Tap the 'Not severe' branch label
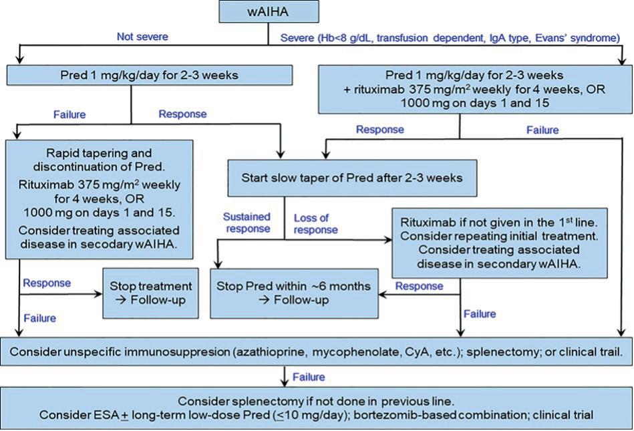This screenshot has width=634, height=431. [x=143, y=37]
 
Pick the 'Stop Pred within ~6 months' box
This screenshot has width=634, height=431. [x=294, y=293]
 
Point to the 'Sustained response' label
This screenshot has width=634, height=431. [x=247, y=223]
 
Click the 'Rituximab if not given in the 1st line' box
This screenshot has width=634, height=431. [x=500, y=241]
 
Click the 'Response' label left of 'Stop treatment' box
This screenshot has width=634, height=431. [x=47, y=283]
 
